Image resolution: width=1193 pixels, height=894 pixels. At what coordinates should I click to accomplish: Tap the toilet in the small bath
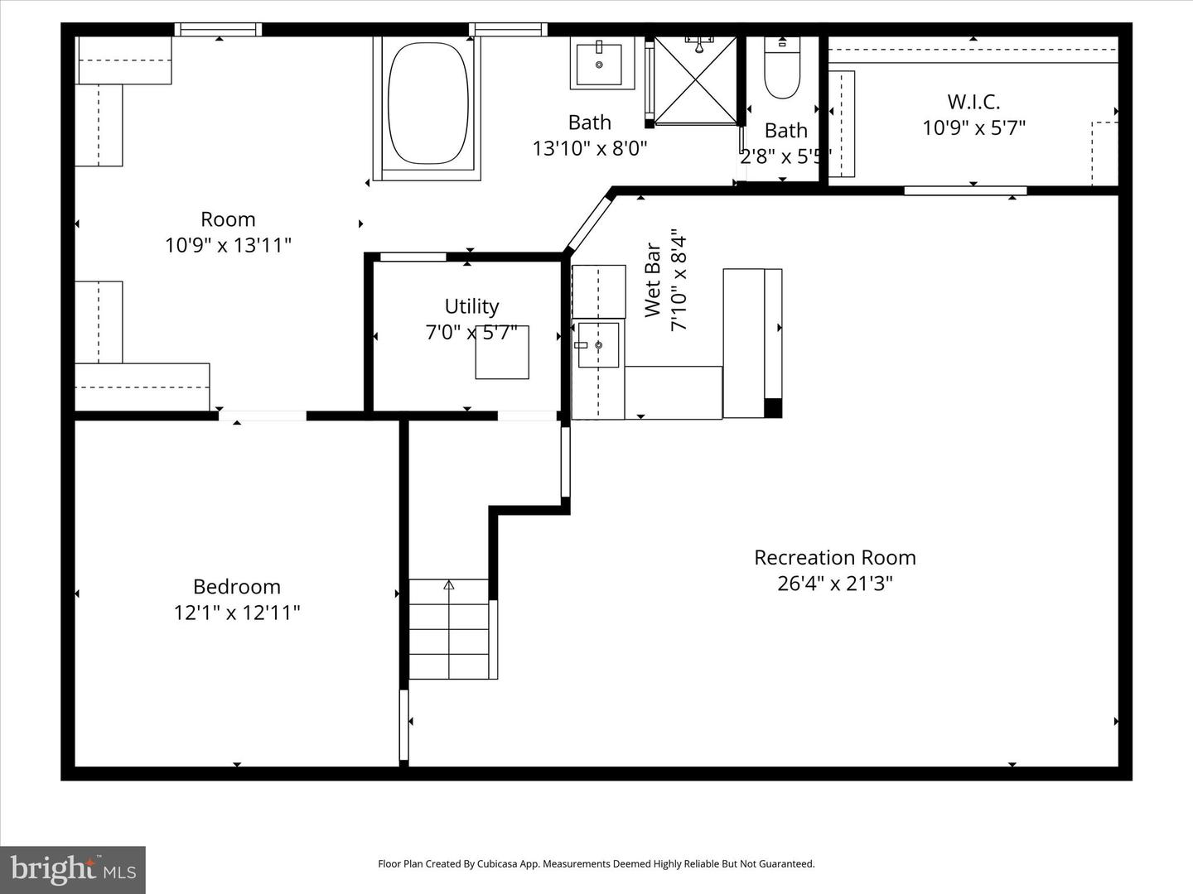click(781, 70)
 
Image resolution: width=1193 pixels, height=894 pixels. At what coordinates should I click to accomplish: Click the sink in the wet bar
click(598, 344)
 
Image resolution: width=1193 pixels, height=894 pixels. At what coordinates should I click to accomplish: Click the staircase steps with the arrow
click(449, 629)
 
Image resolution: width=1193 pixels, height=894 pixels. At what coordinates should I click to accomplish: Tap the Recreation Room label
click(834, 558)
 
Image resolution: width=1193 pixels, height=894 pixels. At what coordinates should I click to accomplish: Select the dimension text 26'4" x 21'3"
click(834, 584)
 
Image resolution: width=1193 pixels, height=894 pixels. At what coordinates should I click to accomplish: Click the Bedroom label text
click(237, 587)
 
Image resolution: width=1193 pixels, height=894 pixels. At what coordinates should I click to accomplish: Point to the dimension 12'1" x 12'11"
click(237, 613)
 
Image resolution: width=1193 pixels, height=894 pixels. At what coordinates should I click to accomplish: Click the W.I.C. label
click(973, 102)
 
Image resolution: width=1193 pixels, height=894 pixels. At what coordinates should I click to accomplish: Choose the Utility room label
click(471, 306)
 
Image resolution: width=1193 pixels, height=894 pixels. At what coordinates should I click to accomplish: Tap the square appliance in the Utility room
click(502, 353)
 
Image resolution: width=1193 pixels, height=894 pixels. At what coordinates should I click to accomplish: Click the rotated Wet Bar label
click(653, 280)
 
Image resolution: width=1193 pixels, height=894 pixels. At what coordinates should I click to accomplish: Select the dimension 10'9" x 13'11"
click(228, 245)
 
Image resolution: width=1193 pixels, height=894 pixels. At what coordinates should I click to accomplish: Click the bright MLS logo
click(73, 869)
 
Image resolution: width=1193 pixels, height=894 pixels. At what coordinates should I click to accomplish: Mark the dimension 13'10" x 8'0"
click(589, 148)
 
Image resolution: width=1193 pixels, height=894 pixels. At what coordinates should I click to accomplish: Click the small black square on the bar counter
click(772, 408)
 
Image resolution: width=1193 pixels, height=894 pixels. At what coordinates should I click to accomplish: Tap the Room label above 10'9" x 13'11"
click(228, 219)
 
